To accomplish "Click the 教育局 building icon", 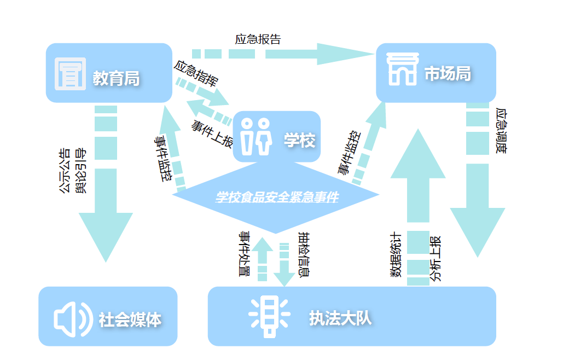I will click(x=71, y=73).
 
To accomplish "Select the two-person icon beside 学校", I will click(x=256, y=135).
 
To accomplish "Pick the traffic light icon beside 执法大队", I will click(x=269, y=316).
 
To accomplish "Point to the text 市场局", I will click(x=448, y=74).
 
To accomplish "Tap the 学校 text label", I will click(x=299, y=141).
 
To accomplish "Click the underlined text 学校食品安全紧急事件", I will click(x=277, y=198).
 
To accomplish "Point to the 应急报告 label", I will click(x=258, y=39).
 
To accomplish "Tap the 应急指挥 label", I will click(x=196, y=74).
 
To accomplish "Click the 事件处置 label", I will click(x=244, y=254).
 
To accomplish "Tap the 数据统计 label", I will click(x=396, y=256).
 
